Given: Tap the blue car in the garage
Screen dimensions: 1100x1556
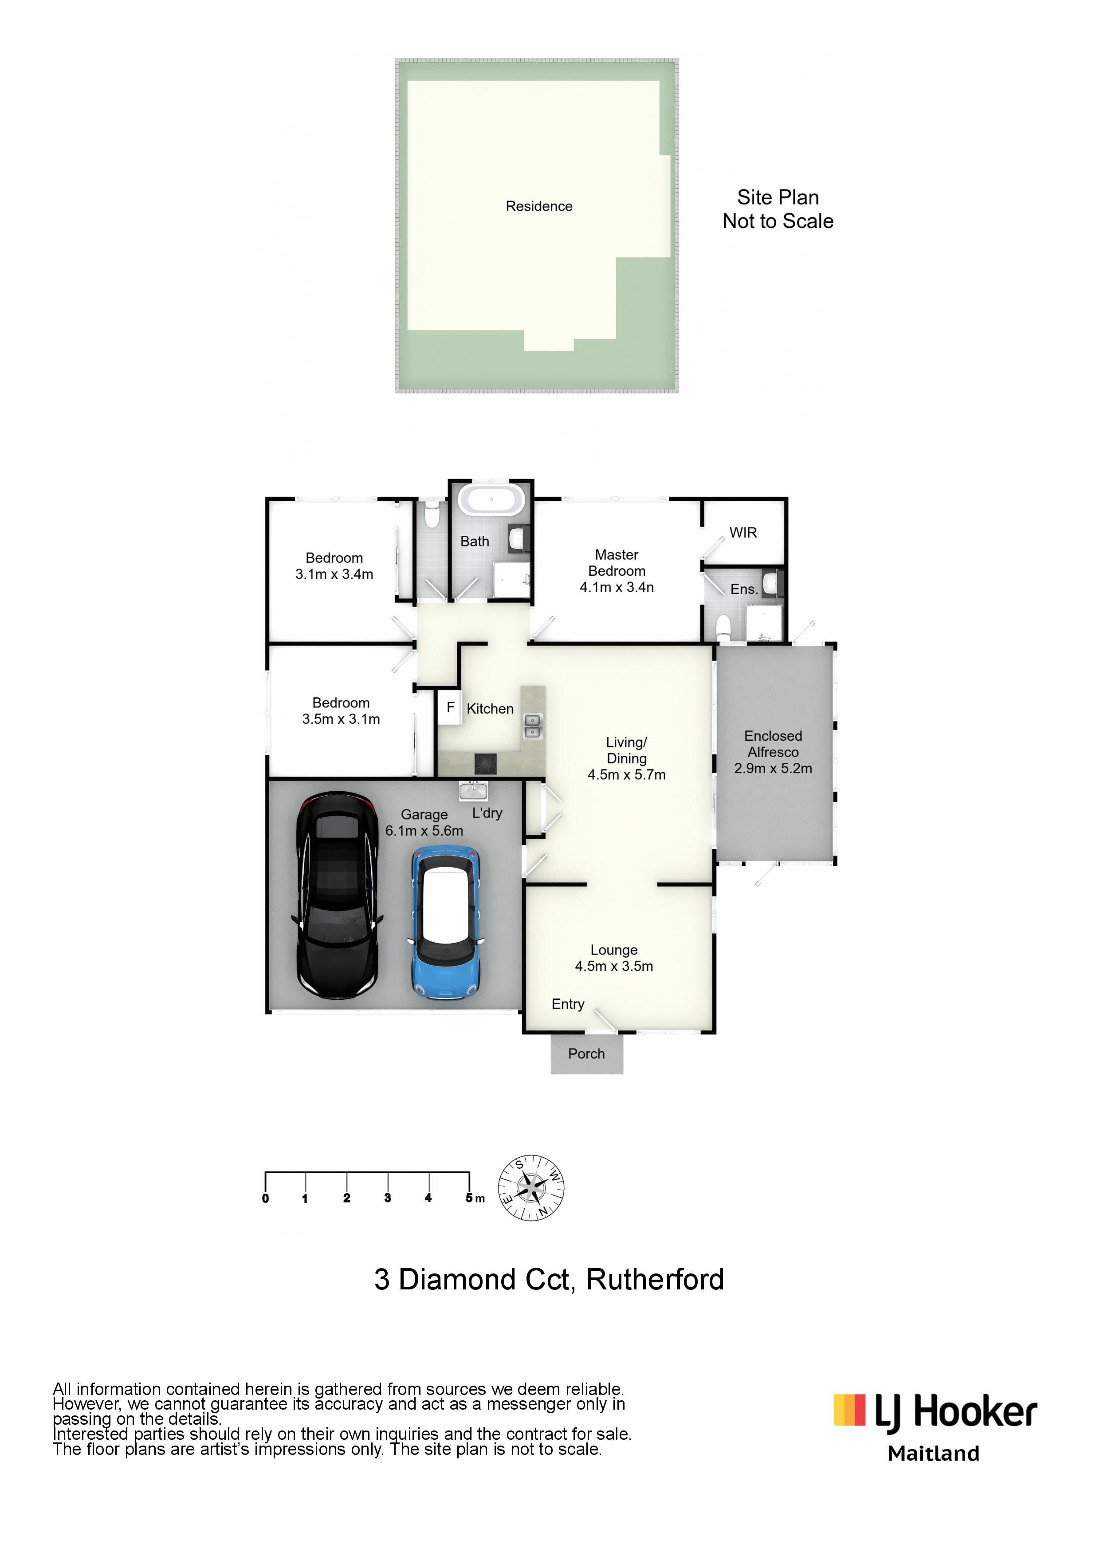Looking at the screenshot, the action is point(446,923).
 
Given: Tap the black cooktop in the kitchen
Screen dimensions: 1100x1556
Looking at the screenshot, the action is point(485,764).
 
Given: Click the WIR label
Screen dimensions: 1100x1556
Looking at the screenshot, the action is point(743,533).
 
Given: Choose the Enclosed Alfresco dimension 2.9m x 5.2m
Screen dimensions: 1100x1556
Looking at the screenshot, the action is point(773,769).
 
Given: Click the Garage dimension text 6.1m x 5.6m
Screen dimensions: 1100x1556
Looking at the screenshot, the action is point(424,831).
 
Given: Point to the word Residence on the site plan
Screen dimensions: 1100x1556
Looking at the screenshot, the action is point(539,206).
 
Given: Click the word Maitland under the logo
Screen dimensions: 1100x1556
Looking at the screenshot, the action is point(933,1454).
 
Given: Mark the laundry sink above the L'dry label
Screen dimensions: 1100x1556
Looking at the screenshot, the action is point(473,791).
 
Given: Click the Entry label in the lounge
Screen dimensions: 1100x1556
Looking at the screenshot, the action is point(568,1004).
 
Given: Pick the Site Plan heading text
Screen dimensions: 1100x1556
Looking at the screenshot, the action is point(778,197).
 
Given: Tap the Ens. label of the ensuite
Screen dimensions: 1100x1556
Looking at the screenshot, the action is point(743,589).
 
